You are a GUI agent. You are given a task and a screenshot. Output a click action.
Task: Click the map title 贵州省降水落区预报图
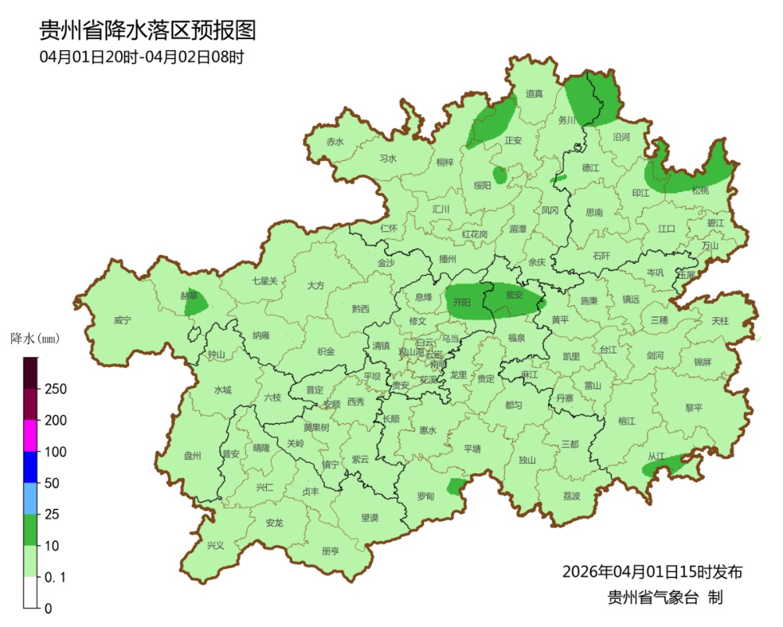tap(147, 30)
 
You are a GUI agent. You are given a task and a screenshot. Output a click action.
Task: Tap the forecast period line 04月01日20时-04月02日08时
tap(141, 57)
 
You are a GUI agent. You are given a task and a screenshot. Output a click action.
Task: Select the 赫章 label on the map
tap(188, 295)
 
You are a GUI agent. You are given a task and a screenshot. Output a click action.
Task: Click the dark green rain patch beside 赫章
tap(196, 303)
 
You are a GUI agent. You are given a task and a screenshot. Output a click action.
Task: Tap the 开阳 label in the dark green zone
tap(462, 300)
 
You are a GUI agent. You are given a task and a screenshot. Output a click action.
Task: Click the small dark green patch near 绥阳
tap(500, 175)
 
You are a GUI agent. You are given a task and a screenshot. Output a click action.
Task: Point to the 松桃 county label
tap(700, 190)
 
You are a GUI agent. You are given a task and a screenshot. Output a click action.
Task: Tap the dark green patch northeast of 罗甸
tap(455, 485)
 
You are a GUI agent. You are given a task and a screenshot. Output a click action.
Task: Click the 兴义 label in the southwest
tap(215, 545)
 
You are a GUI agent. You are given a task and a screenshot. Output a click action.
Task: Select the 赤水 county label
tap(334, 142)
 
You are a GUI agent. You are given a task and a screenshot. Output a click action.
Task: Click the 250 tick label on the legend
tap(56, 389)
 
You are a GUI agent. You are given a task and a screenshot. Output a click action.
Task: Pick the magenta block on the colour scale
tap(30, 435)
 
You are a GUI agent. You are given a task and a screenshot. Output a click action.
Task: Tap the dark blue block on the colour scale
tap(30, 467)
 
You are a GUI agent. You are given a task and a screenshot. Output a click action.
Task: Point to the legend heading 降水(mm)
tap(34, 338)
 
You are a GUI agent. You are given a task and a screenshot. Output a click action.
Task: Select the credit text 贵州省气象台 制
tap(665, 597)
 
